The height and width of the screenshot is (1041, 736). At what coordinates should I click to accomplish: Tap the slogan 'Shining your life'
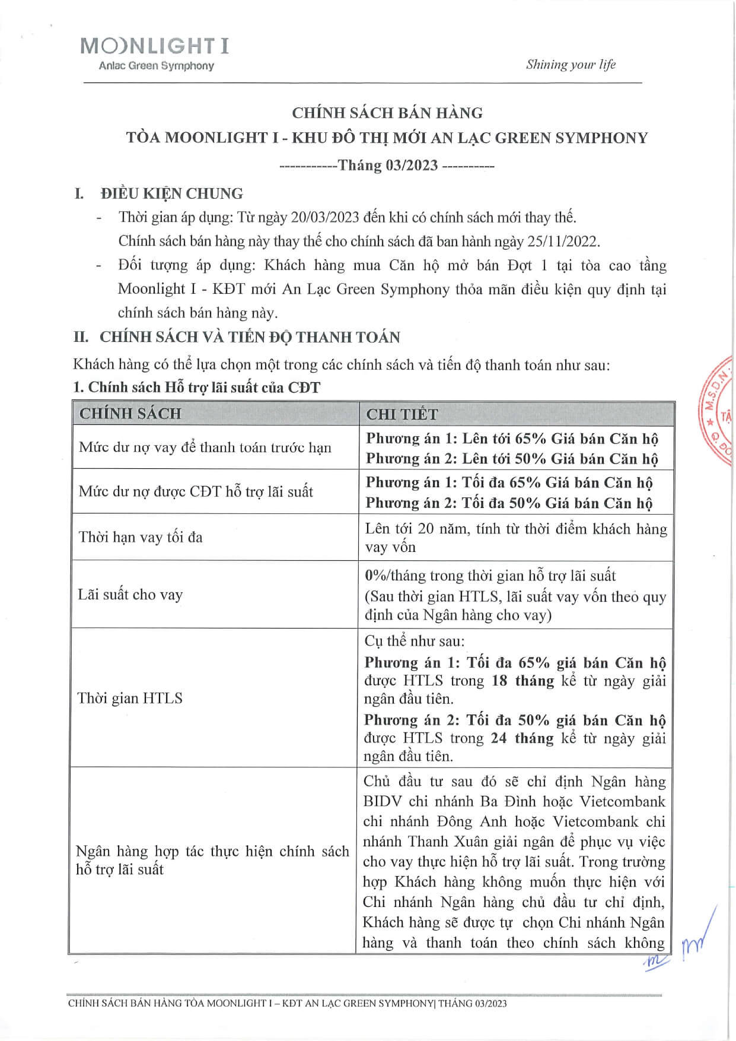[x=571, y=65]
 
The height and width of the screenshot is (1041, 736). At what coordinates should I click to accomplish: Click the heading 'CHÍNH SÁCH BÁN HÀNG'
[x=387, y=113]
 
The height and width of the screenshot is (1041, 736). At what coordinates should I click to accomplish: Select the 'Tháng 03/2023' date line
[x=387, y=165]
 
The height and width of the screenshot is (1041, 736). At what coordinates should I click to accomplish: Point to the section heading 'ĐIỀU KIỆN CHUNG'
[x=171, y=193]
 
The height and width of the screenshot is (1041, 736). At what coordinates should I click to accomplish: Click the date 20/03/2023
[x=325, y=217]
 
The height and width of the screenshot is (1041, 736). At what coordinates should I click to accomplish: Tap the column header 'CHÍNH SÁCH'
[x=130, y=414]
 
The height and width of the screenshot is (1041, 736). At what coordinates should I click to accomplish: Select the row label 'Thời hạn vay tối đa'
[x=141, y=537]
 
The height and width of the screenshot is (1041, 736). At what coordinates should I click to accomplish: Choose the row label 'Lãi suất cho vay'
[x=130, y=595]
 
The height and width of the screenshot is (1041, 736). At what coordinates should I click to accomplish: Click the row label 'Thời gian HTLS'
[x=130, y=698]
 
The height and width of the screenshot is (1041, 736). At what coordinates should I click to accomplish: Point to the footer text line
[x=288, y=1004]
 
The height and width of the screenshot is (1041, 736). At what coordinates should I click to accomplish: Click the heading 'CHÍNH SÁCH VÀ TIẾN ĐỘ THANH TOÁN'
[x=250, y=337]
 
